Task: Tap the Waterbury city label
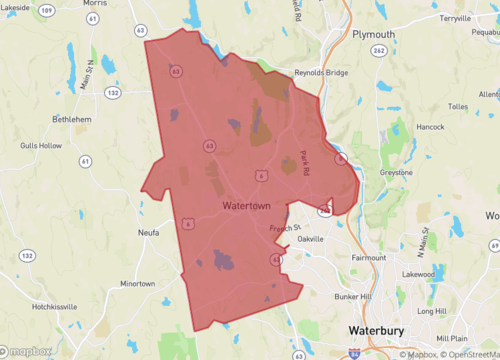(x=380, y=330)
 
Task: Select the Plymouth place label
(x=374, y=34)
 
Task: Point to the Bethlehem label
(x=73, y=117)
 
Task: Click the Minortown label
(x=137, y=283)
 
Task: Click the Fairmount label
(x=368, y=257)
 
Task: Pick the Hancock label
(x=430, y=127)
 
